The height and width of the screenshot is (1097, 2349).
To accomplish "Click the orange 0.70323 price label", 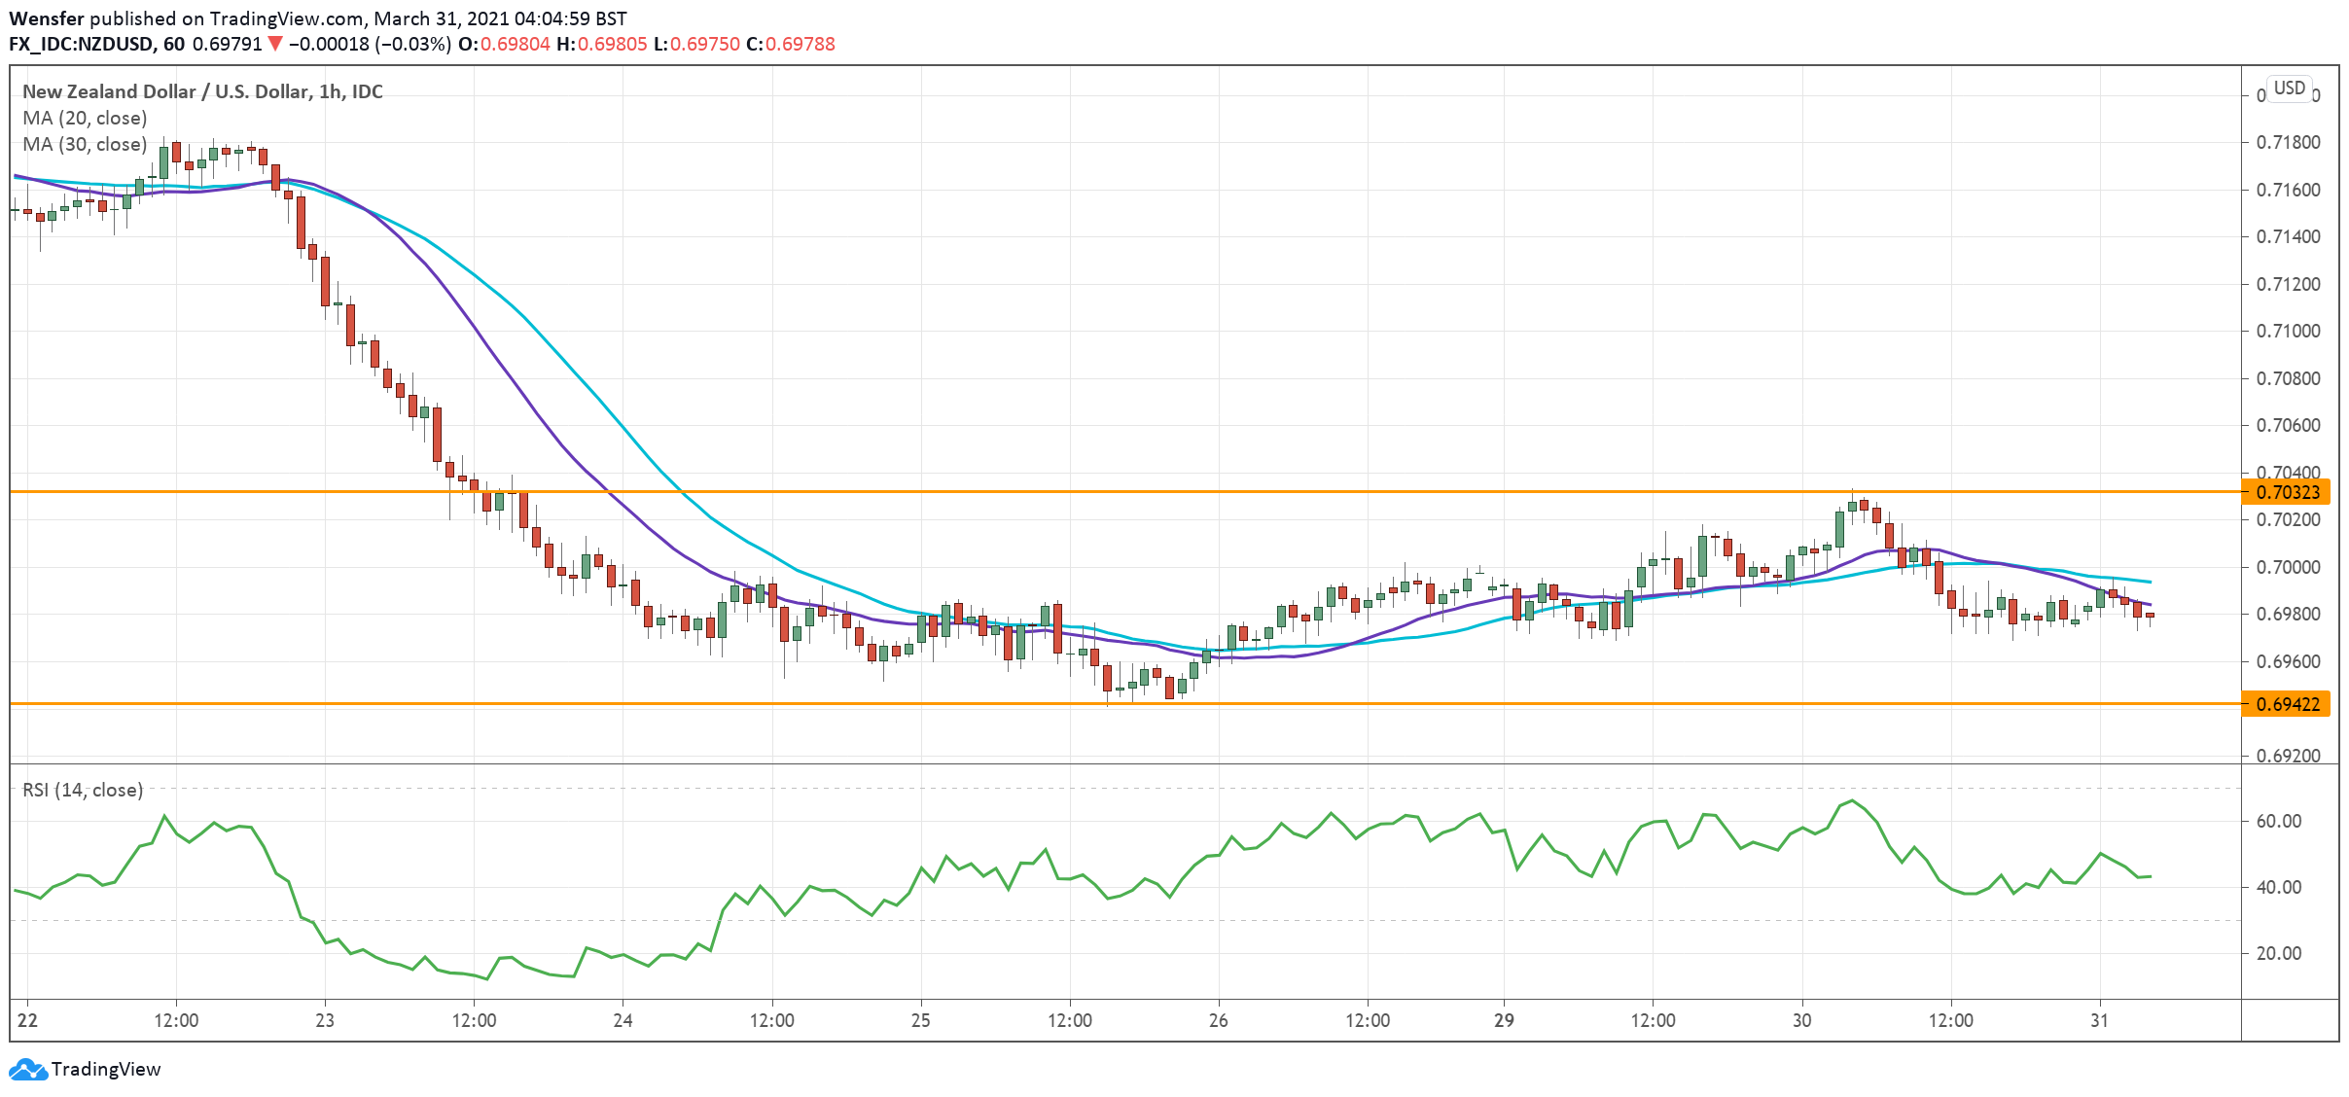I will (2287, 492).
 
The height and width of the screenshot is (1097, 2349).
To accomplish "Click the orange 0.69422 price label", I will (2287, 704).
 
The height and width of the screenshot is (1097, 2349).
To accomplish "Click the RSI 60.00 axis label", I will (2278, 822).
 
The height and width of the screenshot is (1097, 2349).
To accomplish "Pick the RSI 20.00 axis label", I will (2278, 954).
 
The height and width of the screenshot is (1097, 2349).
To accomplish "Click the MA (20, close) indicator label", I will (85, 119).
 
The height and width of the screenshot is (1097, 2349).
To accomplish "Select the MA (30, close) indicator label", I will (85, 145).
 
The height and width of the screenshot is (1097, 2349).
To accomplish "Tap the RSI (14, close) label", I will (83, 791).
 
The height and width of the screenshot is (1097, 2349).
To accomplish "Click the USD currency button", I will (2289, 88).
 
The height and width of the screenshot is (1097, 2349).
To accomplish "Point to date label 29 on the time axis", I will (1504, 1021).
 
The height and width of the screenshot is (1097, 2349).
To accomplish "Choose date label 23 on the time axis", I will (325, 1021).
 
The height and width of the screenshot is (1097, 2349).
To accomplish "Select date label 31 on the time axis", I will (2100, 1021).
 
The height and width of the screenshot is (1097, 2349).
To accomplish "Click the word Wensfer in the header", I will (47, 18).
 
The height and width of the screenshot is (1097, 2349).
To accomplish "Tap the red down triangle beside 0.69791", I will (275, 44).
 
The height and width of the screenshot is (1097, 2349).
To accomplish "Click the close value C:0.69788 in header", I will (791, 45).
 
